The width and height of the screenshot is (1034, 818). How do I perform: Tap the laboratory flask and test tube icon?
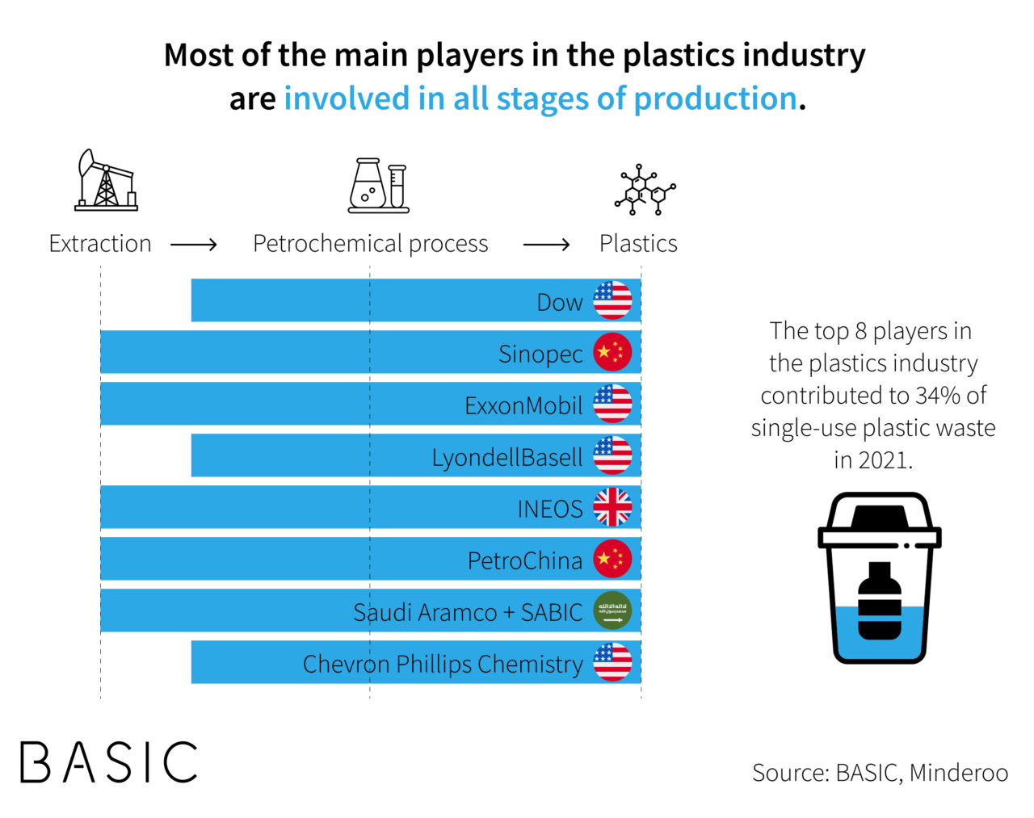(x=378, y=186)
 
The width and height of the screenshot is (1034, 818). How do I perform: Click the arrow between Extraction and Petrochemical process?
(x=194, y=245)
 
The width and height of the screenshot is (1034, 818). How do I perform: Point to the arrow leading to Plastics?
(x=546, y=245)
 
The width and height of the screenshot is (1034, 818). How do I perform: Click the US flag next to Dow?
(x=612, y=300)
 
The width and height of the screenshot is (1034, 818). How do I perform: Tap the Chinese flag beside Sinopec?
(x=612, y=352)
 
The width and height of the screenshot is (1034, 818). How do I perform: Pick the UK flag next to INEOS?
(x=612, y=508)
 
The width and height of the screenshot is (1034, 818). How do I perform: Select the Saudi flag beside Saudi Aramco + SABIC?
(x=612, y=610)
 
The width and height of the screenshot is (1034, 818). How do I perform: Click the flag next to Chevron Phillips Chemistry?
(x=612, y=662)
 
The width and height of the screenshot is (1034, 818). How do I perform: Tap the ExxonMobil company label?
(x=523, y=405)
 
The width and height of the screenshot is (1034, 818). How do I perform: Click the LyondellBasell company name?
(x=506, y=457)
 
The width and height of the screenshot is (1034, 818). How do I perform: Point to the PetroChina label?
(x=524, y=560)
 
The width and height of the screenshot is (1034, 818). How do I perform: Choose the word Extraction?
(x=100, y=244)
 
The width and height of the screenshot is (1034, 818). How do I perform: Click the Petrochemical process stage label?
(x=370, y=244)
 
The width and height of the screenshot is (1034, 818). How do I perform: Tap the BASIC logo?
(x=109, y=761)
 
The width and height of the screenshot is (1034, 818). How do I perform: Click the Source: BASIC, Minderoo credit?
(x=880, y=773)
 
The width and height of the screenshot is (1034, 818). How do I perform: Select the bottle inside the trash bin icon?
(x=879, y=601)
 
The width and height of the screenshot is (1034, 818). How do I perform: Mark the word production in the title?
(x=715, y=99)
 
